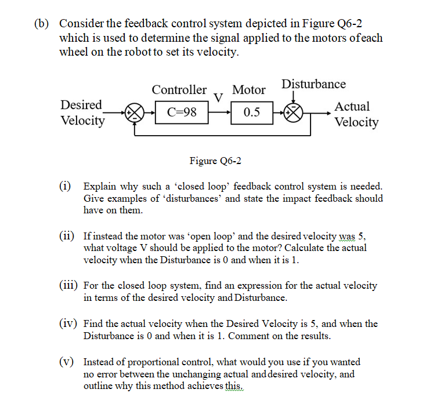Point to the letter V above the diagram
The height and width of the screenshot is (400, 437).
tap(219, 96)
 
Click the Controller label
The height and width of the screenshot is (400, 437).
tap(179, 90)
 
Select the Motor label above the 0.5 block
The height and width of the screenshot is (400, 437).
tap(248, 90)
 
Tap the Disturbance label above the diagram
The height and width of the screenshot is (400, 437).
tap(313, 84)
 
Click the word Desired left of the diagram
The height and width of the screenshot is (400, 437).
tap(81, 105)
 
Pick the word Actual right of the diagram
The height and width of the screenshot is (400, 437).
tap(352, 106)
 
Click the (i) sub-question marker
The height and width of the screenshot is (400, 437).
tap(66, 187)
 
